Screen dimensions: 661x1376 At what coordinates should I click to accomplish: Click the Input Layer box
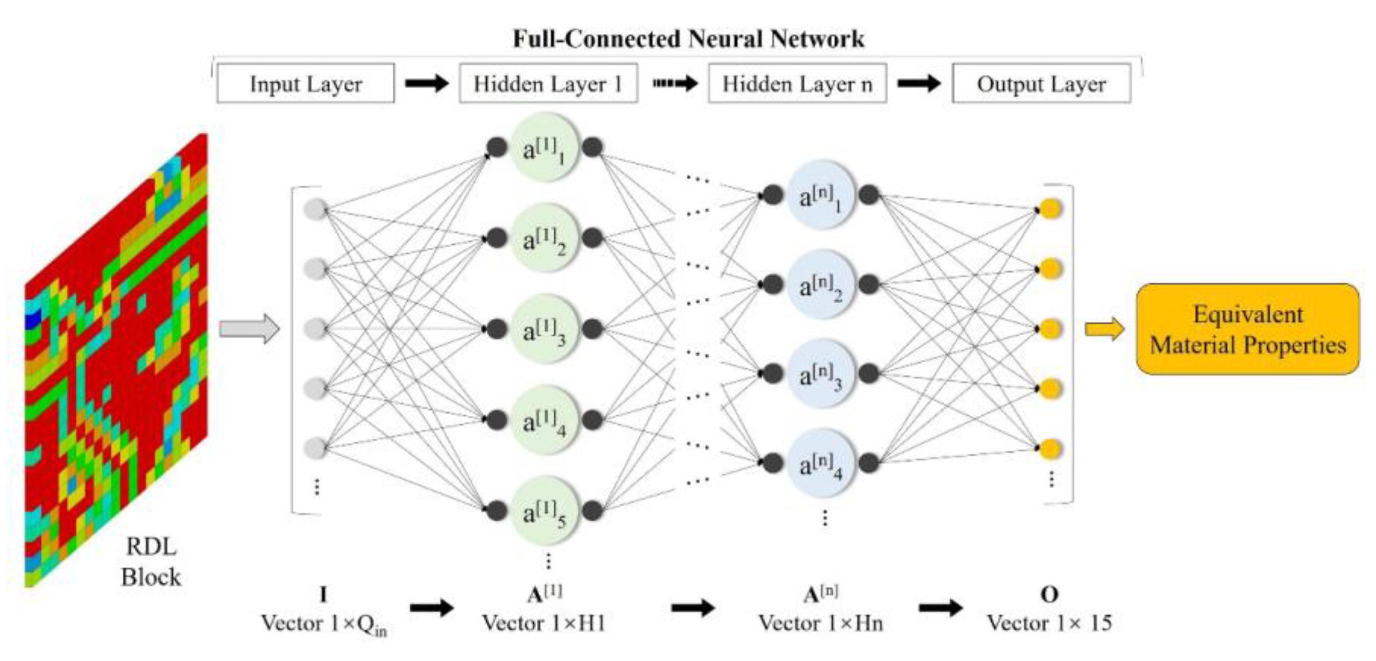coord(305,84)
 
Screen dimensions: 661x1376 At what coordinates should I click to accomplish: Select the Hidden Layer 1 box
coord(548,84)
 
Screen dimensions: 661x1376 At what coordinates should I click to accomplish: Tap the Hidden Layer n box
coord(797,84)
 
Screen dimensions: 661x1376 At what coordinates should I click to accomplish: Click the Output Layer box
coord(1041,84)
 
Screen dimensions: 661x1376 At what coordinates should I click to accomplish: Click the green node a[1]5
coord(544,511)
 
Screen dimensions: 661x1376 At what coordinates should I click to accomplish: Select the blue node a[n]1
coord(821,195)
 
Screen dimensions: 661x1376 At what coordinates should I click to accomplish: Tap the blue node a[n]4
coord(821,463)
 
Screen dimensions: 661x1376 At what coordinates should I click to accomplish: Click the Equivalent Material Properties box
coord(1247,329)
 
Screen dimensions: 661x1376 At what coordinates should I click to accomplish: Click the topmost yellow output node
coord(1051,208)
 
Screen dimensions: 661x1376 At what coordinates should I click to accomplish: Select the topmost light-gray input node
coord(315,209)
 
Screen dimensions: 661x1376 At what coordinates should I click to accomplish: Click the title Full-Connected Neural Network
coord(688,39)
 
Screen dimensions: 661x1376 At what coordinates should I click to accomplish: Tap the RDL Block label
coord(150,562)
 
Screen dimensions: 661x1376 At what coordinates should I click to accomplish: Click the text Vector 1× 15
coord(1049,623)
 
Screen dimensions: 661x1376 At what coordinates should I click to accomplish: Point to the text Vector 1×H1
coord(544,623)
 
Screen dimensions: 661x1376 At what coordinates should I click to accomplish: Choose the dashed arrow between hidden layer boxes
coord(675,83)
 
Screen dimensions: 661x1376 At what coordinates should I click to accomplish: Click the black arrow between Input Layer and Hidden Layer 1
coord(426,83)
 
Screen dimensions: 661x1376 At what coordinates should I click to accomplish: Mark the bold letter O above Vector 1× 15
coord(1049,594)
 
